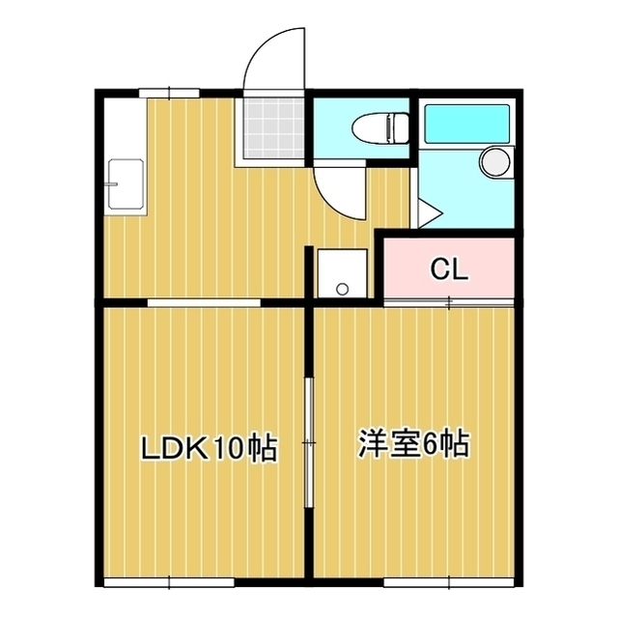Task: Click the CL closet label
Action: pos(449,269)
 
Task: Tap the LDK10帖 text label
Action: pos(210,448)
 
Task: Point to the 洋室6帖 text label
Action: pos(414,444)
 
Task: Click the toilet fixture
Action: pos(379,128)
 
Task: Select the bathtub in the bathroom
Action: pos(467,124)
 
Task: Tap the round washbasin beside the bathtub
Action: pos(495,161)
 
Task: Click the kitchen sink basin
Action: pos(126,183)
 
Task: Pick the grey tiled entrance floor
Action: pos(274,128)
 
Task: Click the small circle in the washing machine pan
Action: pos(343,290)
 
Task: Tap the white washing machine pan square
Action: pos(343,273)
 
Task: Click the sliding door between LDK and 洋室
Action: pos(309,442)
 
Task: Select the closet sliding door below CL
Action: pos(449,302)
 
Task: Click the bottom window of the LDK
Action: pos(169,582)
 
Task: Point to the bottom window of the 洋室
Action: pos(449,582)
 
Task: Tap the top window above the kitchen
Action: pos(169,94)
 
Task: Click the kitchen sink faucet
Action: pos(112,184)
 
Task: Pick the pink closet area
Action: pos(449,267)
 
